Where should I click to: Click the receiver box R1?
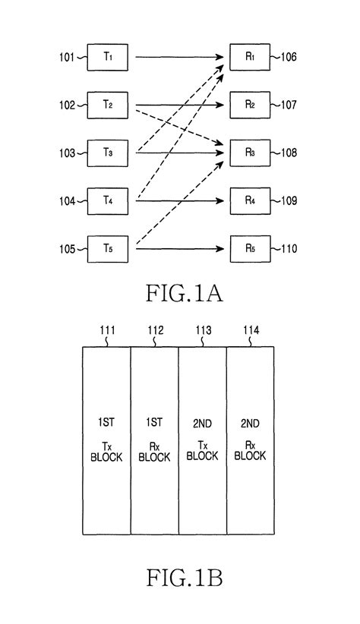pos(250,56)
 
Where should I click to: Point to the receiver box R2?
pos(250,104)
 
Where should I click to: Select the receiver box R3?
pos(250,153)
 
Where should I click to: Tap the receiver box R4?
pos(250,200)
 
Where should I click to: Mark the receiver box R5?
pos(250,248)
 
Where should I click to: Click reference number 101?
pos(65,56)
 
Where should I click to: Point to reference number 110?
pos(290,249)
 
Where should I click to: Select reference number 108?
pos(290,153)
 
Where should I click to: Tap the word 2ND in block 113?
pos(203,422)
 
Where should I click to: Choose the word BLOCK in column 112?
pos(155,456)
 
